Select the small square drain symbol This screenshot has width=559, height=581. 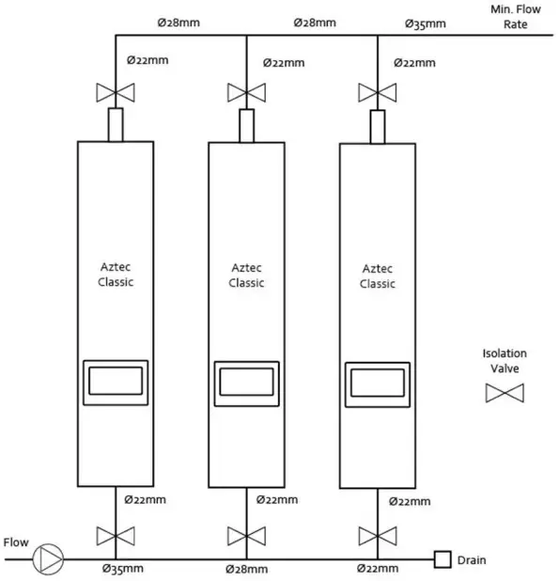point(441,560)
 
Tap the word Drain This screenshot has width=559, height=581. point(472,561)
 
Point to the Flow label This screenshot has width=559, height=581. point(17,542)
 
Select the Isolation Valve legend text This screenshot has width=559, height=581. point(505,361)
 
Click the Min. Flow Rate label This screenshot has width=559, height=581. point(516,16)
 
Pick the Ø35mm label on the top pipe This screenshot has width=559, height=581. point(425,23)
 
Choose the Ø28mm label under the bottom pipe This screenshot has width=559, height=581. point(247,570)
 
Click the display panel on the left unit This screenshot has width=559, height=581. point(115,382)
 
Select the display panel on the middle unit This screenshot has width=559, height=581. point(246,383)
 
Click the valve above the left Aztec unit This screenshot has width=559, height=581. point(115,93)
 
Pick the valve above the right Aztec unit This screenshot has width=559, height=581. point(378,93)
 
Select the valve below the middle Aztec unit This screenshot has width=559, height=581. point(246,537)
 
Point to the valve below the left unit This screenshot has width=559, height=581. point(115,537)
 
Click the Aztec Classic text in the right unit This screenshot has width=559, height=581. point(378,275)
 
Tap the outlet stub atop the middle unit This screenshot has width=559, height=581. point(246,124)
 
